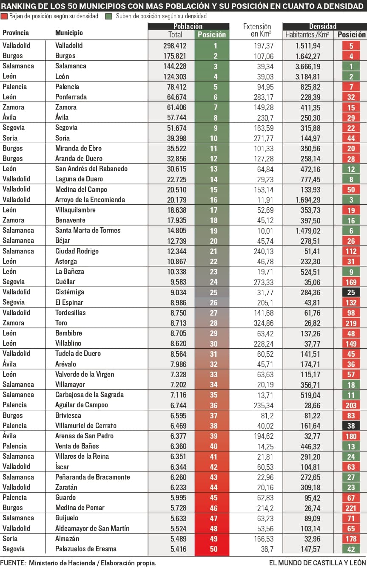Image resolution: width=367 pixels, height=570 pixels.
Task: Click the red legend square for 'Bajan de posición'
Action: pos(4,16)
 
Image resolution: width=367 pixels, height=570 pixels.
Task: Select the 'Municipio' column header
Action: pos(69,33)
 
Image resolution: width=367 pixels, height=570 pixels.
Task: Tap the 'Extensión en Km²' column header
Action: pos(257,30)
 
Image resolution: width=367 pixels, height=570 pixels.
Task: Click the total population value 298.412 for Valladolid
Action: pos(175,45)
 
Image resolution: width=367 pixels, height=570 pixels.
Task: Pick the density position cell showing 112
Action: pos(351,251)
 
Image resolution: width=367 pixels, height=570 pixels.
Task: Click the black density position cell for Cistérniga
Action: pos(351,292)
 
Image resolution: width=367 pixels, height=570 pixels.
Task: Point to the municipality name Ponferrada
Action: pos(71,97)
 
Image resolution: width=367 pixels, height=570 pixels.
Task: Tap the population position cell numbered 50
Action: pos(213,549)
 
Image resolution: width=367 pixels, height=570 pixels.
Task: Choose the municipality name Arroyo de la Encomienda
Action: pos(90,200)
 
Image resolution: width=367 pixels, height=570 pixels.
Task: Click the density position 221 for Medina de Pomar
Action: pos(351,508)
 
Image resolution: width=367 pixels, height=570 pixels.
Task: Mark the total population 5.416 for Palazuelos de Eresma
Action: pos(175,549)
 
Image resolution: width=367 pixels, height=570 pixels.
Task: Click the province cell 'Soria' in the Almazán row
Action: pos(10,539)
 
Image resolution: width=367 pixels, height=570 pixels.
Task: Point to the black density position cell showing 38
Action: pos(351,426)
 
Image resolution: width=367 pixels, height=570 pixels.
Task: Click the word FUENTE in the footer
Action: pos(13,563)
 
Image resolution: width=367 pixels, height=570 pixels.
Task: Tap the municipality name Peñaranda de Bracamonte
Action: pos(92,477)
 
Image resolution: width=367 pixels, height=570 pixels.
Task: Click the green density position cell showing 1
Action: pos(351,66)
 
